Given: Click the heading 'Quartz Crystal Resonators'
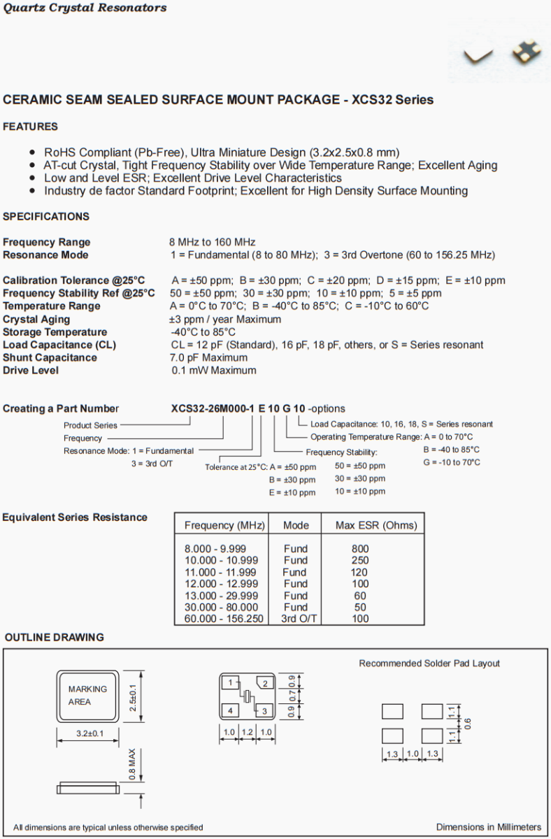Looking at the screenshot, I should coord(85,8).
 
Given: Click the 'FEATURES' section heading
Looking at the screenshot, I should coord(30,127).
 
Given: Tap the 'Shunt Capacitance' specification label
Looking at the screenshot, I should coord(50,357).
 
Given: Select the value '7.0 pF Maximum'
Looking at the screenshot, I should coord(209,357).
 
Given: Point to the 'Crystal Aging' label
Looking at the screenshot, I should coord(36,319).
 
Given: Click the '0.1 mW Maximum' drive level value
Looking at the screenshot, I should coord(214,370).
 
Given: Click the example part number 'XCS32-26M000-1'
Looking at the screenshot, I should coord(213,408).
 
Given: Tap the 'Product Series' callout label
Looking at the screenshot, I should coord(91,424).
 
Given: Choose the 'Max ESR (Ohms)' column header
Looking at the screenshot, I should coord(376,525).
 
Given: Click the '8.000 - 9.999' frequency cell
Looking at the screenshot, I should coord(215,549).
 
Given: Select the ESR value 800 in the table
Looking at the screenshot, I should coord(360,549).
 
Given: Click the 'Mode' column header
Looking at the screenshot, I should coord(296,525).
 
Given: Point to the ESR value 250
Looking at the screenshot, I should coord(360,560).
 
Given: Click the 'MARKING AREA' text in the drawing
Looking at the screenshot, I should coord(87,695).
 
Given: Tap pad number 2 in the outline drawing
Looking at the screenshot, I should coord(265,683).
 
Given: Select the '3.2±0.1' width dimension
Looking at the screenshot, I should coord(88,733).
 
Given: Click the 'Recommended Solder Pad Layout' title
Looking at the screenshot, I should coord(429,663).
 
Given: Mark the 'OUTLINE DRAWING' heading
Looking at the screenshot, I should coord(55,637).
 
